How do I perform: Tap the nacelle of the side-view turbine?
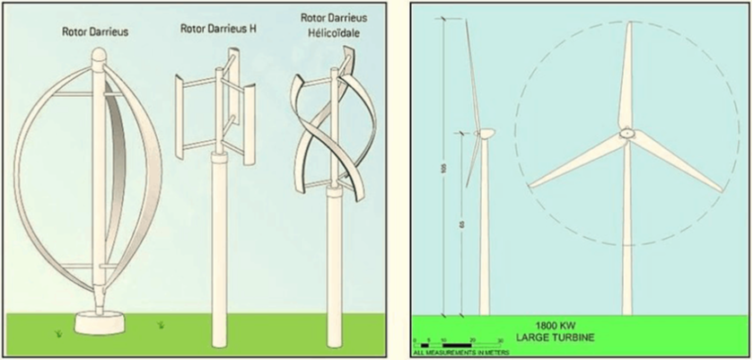click(x=486, y=134)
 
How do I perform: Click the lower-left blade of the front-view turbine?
click(x=574, y=162)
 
